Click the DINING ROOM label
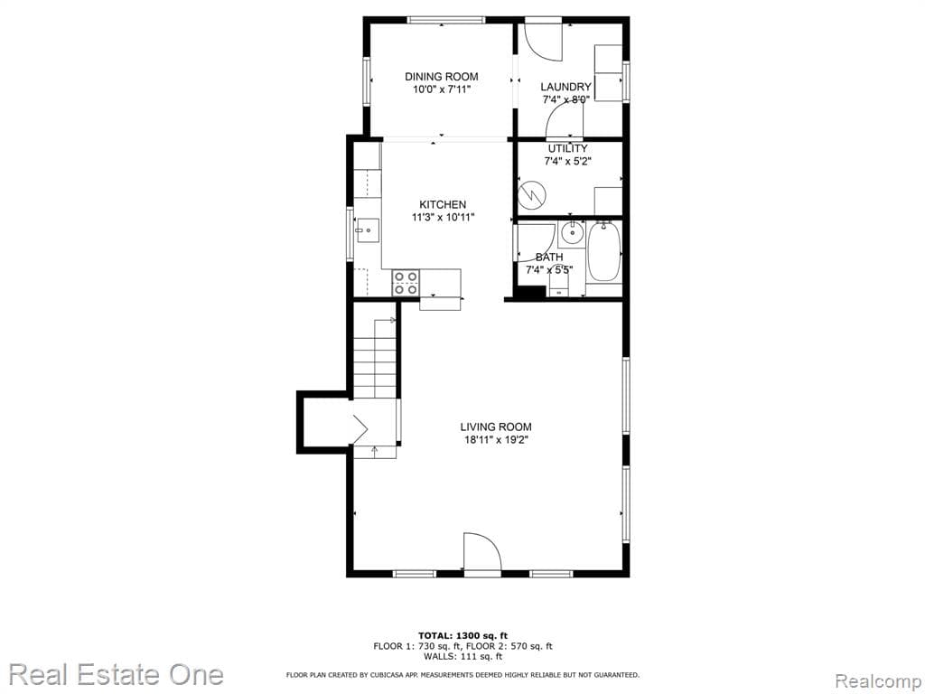pos(441,77)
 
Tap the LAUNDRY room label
pos(565,87)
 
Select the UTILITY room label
pos(567,148)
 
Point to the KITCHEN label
pos(442,204)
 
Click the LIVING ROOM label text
pos(495,427)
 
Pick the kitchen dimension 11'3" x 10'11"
pos(443,217)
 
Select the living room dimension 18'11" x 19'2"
pos(495,440)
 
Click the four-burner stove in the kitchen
pos(406,283)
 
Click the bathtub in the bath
pos(604,252)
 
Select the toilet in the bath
pos(558,285)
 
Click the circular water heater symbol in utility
pos(533,192)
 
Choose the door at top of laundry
pos(544,39)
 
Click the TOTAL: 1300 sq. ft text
pos(462,635)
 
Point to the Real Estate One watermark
pos(116,674)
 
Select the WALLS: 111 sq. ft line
pos(462,657)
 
